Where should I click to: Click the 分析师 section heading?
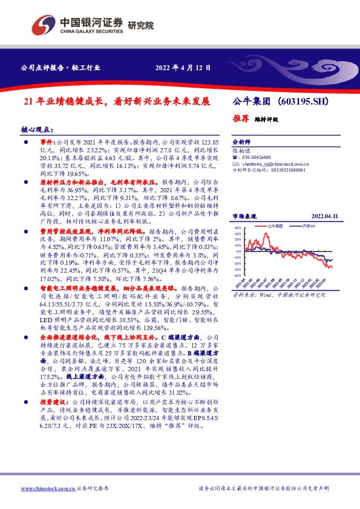(241, 139)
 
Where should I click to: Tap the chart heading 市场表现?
(245, 216)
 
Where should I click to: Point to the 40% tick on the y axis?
(238, 228)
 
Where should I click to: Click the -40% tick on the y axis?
(237, 275)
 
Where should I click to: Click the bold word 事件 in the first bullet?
(47, 140)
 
